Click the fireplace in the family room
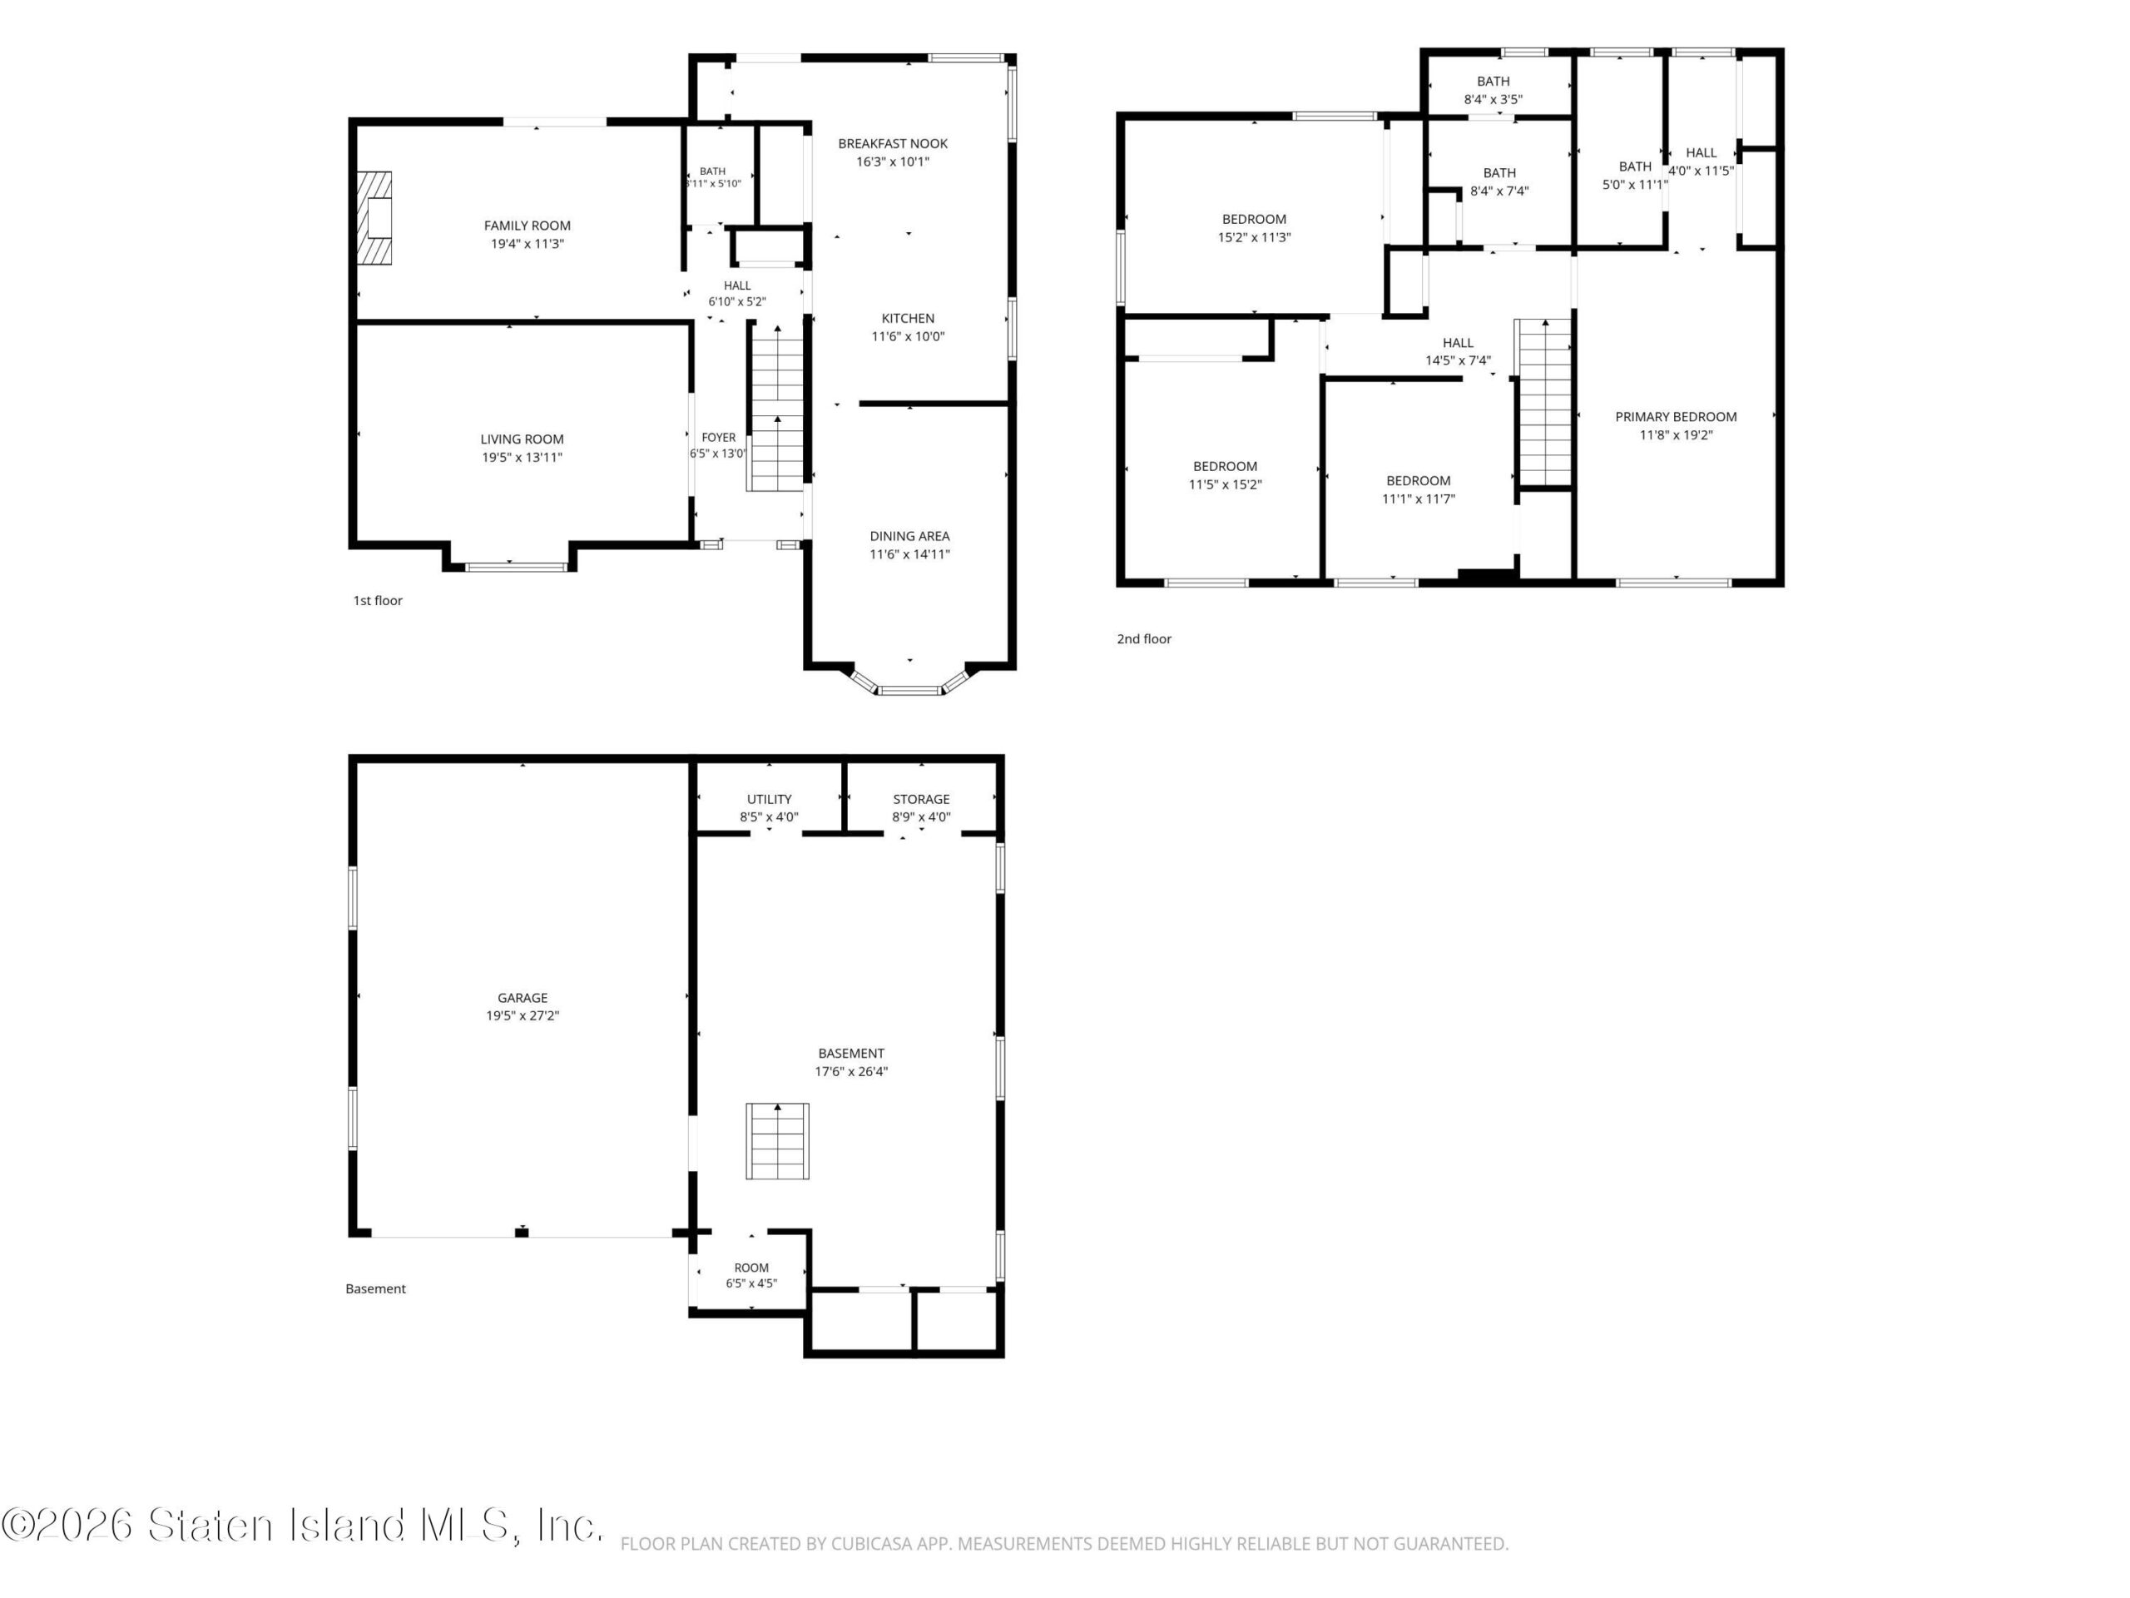pos(374,218)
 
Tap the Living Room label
pos(522,439)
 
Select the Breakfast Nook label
pos(893,143)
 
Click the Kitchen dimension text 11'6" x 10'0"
pos(908,336)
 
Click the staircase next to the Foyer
pos(776,409)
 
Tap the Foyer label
pos(718,437)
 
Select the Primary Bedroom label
pos(1676,417)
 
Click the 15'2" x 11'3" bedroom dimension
pos(1254,237)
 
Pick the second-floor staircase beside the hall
pos(1543,403)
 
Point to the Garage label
pos(522,998)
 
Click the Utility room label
pos(770,800)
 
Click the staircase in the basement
pos(777,1141)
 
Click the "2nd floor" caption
pos(1144,638)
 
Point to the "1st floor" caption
pos(378,600)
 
